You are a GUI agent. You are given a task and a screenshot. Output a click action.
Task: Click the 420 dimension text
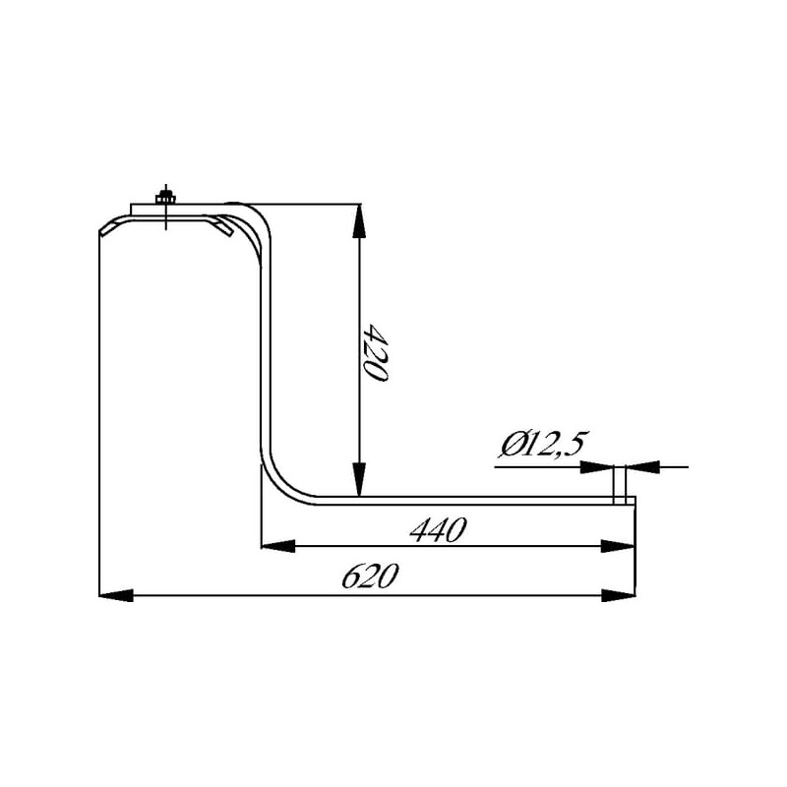pos(376,353)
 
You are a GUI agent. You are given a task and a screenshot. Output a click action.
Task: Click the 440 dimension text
pos(438,529)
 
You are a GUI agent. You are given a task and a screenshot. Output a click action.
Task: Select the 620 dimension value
pos(371,575)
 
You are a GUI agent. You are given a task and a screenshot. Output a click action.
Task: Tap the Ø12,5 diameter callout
pos(543,445)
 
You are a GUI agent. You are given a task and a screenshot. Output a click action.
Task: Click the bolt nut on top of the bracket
pos(165,200)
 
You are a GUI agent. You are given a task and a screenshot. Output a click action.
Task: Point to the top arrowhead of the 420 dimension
pos(358,221)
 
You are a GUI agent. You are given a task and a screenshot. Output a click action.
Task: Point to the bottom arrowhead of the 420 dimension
pos(358,479)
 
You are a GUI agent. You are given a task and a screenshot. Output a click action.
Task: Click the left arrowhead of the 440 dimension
pos(278,546)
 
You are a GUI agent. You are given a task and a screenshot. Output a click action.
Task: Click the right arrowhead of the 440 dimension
pos(618,546)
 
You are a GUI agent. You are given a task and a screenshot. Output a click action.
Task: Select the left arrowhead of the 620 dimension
pos(116,595)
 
